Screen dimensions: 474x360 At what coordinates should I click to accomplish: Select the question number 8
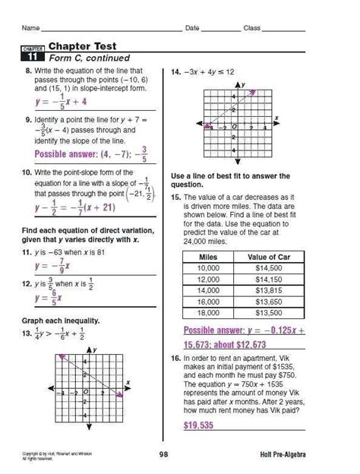click(27, 69)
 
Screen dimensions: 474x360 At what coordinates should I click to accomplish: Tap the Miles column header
click(207, 258)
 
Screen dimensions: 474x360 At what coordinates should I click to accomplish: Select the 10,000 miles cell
click(207, 269)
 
